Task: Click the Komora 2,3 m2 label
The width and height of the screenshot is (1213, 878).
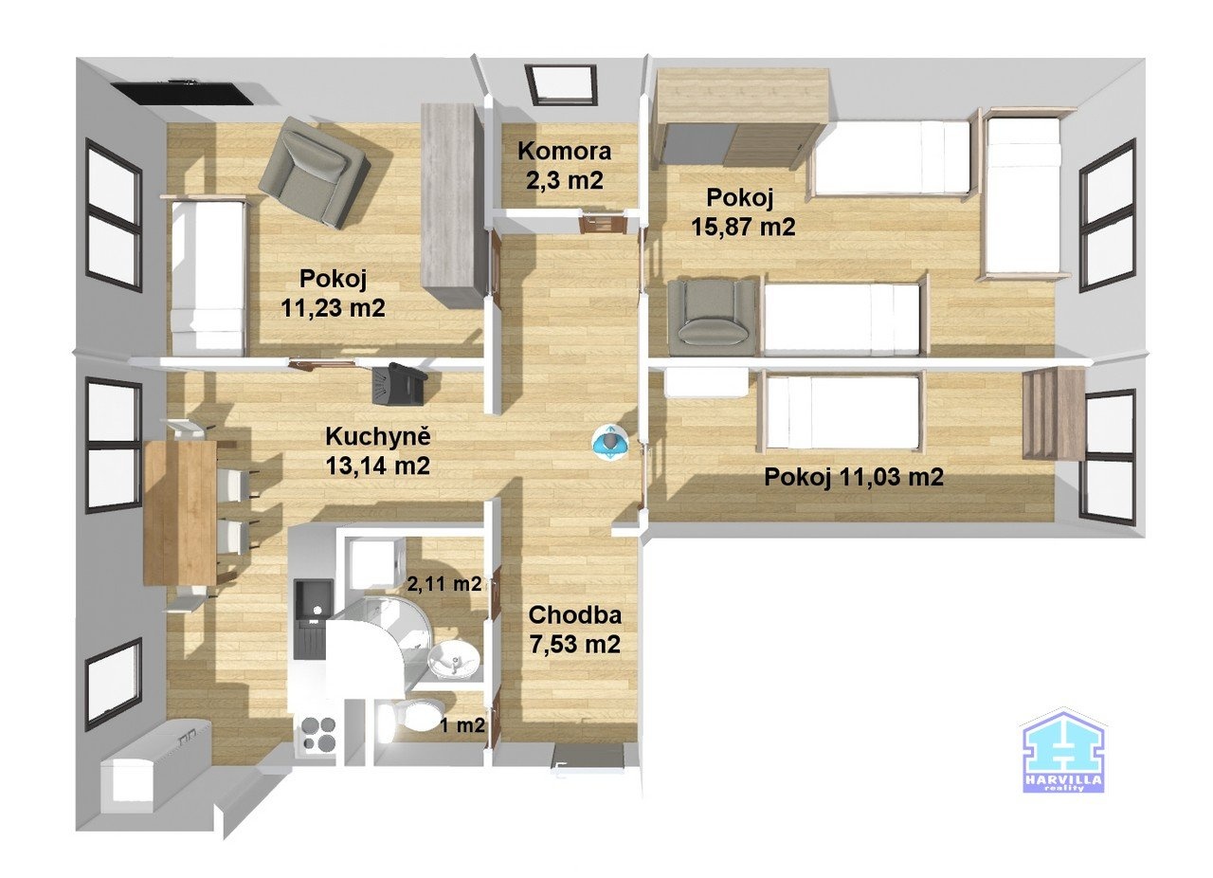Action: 565,164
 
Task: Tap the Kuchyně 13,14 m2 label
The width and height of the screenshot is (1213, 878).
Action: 378,451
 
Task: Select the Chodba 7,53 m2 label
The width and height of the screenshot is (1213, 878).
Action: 574,629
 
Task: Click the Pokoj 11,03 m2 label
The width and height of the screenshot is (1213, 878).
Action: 853,478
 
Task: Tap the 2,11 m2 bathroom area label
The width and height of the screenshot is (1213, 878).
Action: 443,584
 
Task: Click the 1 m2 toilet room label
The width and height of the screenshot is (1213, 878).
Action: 462,726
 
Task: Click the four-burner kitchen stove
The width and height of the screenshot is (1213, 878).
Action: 318,732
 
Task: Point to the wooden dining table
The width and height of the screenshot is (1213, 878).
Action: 180,512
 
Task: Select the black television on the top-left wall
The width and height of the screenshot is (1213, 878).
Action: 182,92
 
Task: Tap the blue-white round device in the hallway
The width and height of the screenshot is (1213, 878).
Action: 610,441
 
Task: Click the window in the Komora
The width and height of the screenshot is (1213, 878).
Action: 563,84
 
